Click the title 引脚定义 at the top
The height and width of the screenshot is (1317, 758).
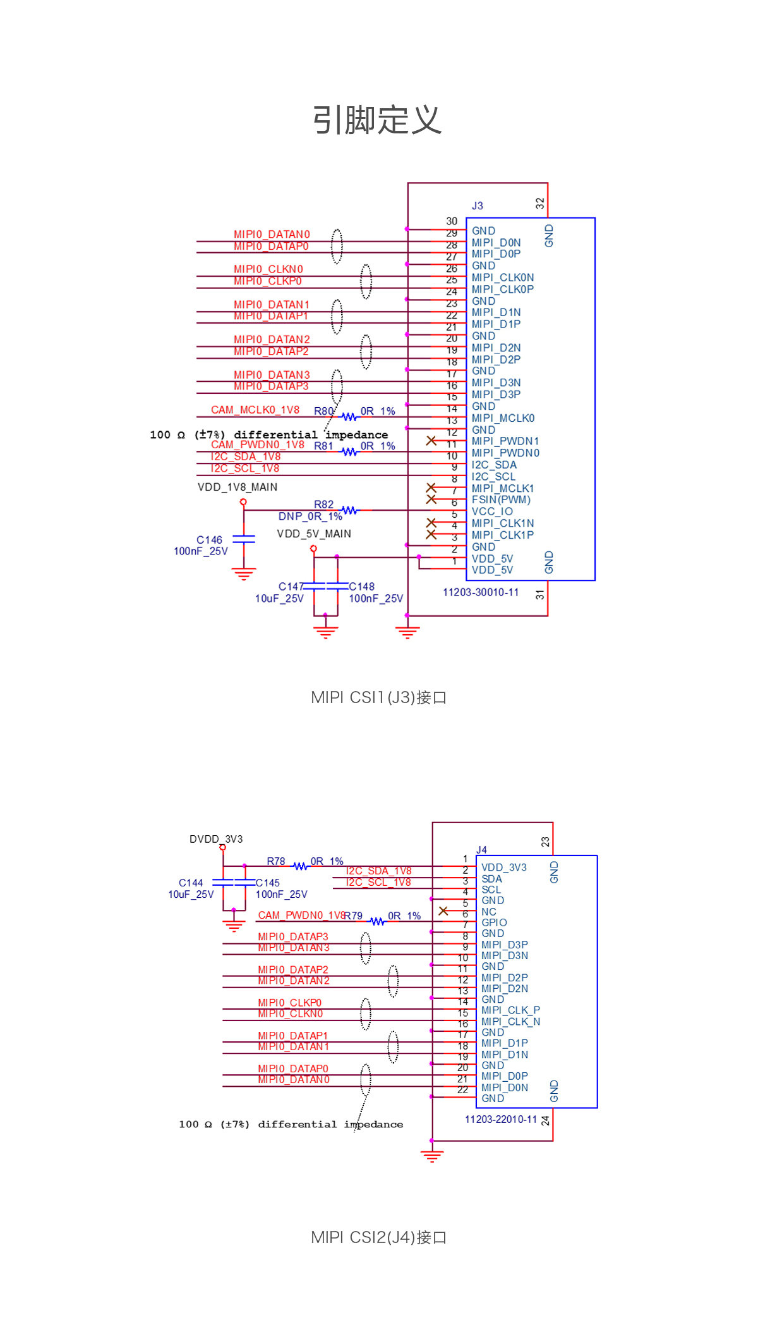pos(377,120)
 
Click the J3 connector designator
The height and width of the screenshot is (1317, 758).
pos(477,206)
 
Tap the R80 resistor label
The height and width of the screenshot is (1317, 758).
pos(323,411)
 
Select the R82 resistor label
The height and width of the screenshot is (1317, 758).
pos(323,505)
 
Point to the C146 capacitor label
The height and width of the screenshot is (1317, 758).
pos(209,540)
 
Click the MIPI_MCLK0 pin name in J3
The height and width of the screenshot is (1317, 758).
pos(503,418)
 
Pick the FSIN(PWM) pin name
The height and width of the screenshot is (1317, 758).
pos(501,499)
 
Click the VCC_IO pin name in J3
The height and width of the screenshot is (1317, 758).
pos(492,511)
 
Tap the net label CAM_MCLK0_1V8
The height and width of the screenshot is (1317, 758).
pos(255,410)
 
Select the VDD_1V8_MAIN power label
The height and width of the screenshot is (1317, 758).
pos(238,487)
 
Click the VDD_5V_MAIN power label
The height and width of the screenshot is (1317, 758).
pos(314,534)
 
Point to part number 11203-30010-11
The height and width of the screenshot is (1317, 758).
pos(481,592)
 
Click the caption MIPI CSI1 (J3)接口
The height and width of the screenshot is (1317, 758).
pos(378,697)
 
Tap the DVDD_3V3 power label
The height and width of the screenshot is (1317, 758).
pos(216,839)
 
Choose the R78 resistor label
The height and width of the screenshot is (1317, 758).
pos(275,861)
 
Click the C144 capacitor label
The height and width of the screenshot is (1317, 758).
pos(191,883)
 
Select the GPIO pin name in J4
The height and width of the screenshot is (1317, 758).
pos(494,922)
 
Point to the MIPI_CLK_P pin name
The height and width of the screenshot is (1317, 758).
pos(510,1010)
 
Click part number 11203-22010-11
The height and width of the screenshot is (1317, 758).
pos(501,1119)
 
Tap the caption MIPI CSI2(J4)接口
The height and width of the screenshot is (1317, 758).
pos(378,1237)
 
